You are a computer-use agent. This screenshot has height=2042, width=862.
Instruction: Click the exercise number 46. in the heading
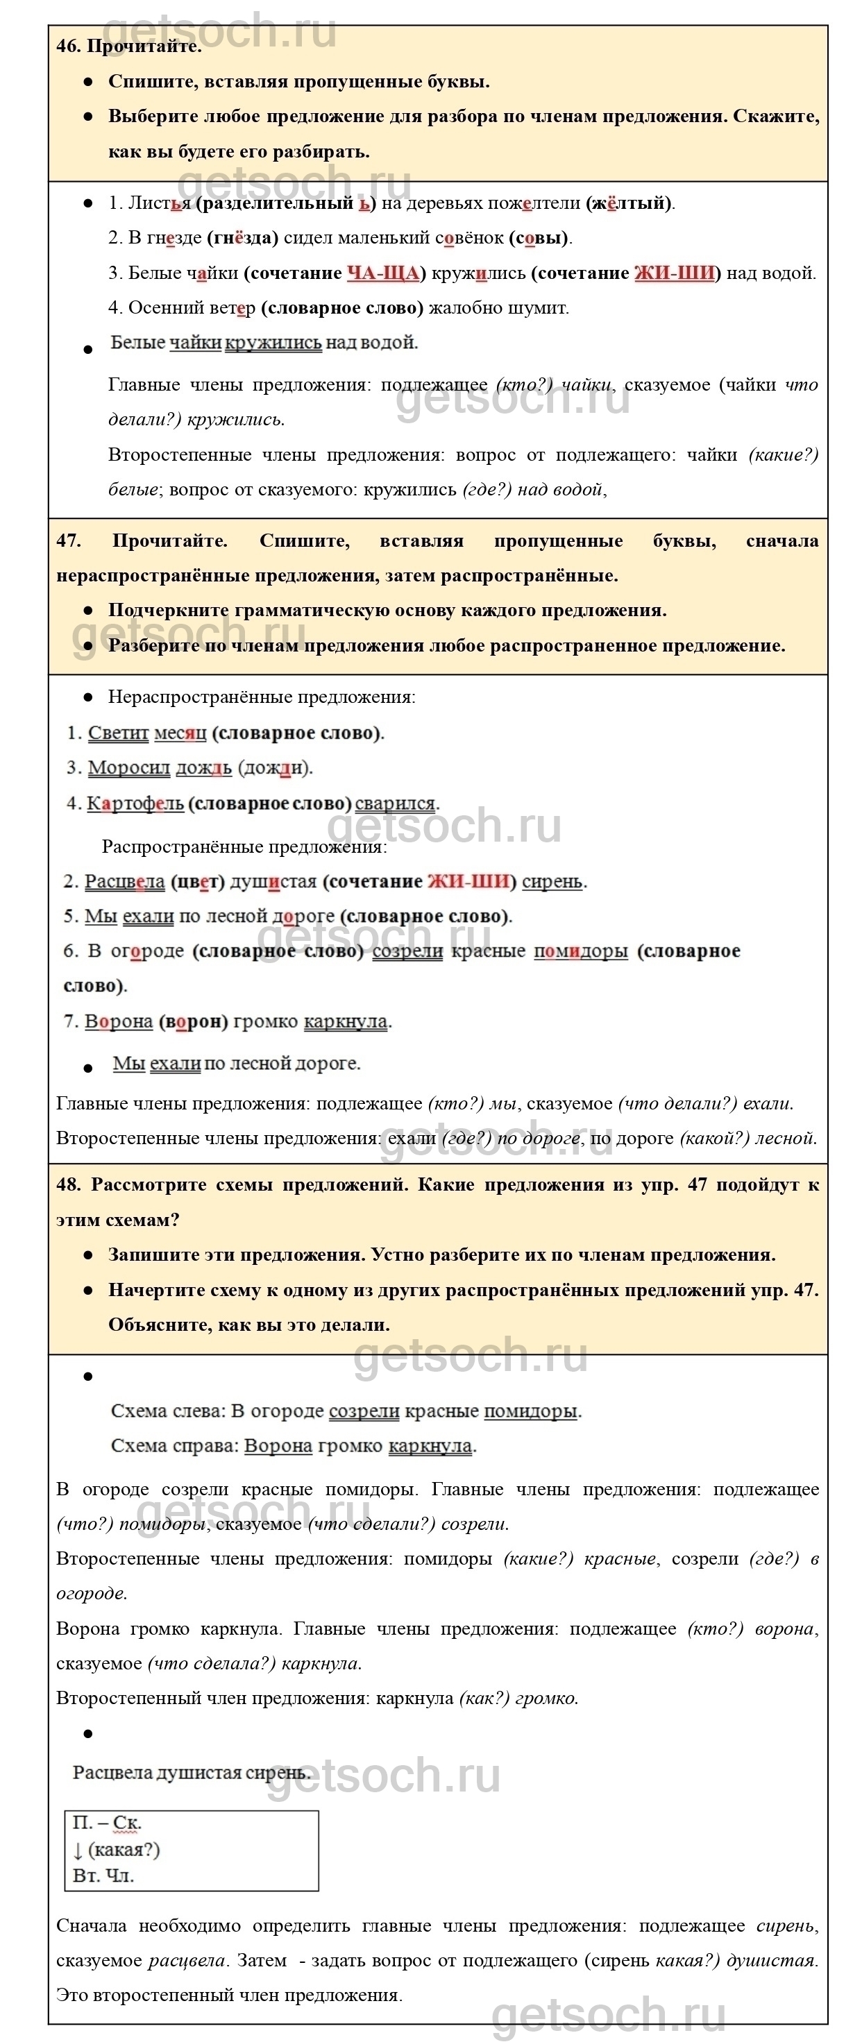tap(67, 46)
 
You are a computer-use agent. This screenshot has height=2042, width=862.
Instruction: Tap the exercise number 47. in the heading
tap(68, 541)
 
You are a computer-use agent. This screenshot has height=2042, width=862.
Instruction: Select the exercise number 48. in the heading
tap(68, 1185)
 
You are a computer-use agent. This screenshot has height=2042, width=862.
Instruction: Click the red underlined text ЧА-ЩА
tap(383, 273)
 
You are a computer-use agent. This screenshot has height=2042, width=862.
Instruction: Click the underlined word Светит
tap(118, 733)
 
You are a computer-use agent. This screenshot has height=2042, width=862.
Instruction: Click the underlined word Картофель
tap(135, 803)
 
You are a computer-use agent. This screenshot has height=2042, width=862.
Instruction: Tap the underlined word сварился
tap(395, 803)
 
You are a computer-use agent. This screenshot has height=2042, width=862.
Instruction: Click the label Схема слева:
tap(168, 1411)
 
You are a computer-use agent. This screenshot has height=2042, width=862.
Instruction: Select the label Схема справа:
tap(174, 1446)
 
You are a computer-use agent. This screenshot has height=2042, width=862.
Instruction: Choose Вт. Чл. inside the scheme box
tap(103, 1875)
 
